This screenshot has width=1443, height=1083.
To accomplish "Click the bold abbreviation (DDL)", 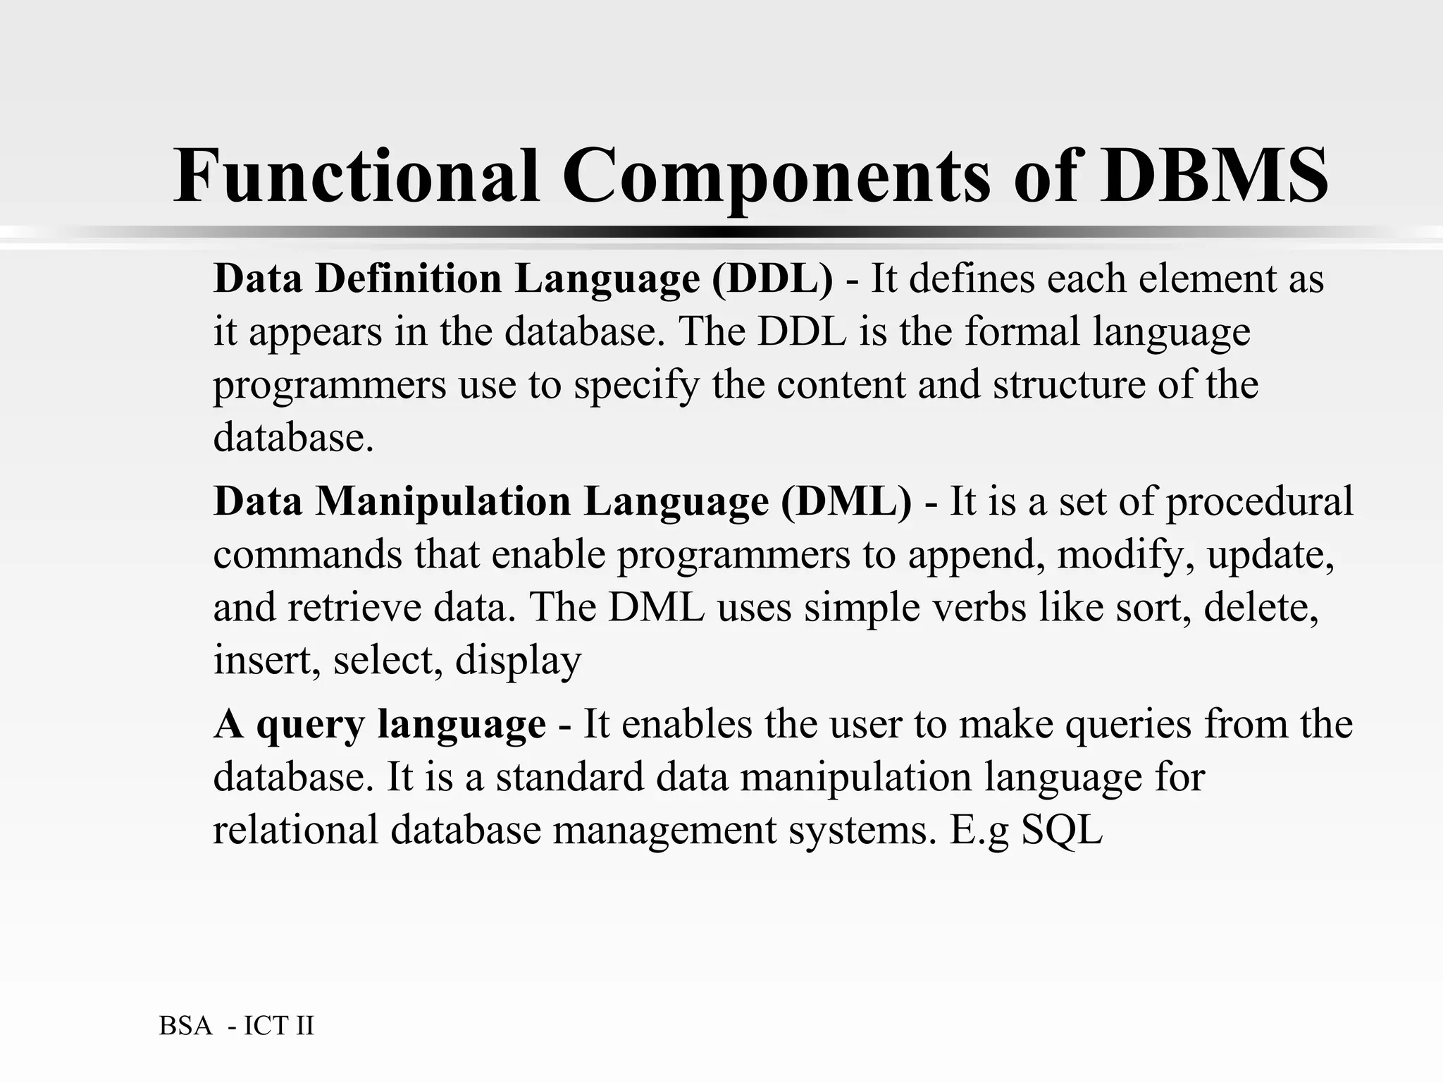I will click(772, 279).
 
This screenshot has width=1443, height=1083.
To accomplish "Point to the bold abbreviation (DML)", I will click(846, 502).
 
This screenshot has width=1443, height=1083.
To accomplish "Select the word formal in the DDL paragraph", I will click(1022, 331).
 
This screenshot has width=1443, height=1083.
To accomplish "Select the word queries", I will click(1127, 725).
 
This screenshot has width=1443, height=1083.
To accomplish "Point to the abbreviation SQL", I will click(1062, 831).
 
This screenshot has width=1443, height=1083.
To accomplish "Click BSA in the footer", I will click(186, 1026).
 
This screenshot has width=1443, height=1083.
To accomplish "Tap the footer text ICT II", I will click(279, 1026).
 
